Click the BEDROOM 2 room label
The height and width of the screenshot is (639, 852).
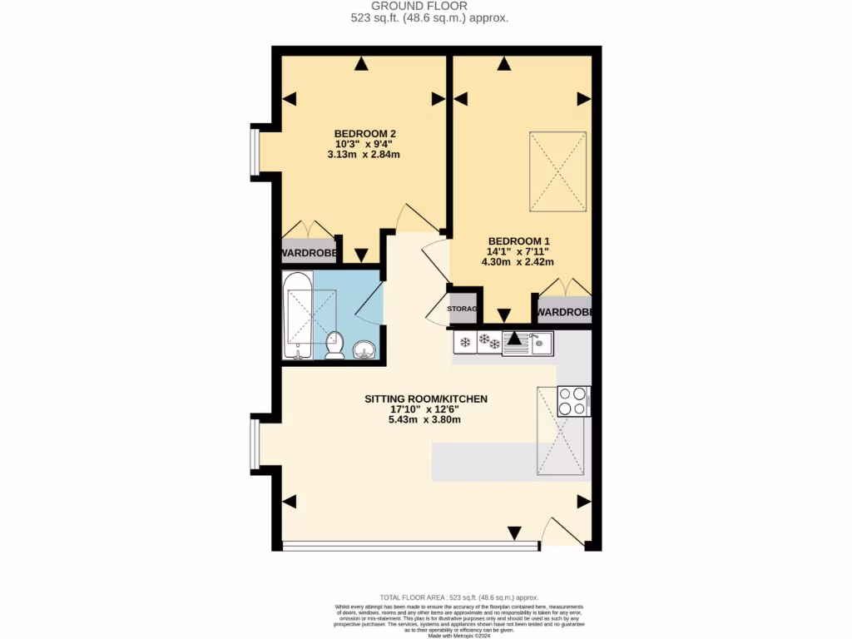coord(364,134)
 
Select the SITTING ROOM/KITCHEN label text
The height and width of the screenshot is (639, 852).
coord(425,399)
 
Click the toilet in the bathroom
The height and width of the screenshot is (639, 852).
coord(334,344)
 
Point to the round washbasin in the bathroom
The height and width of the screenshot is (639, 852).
coord(364,349)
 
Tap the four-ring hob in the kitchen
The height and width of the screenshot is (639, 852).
coord(573,401)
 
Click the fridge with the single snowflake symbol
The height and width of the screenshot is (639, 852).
coord(465,342)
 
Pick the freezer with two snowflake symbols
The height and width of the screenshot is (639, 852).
coord(489,342)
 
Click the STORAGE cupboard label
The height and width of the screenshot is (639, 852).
coord(463,310)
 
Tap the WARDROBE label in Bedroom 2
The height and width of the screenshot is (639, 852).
coord(309,253)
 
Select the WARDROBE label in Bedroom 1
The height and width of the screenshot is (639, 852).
coord(564,313)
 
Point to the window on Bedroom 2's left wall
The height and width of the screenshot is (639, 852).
coord(256,151)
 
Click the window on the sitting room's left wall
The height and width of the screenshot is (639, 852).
coord(256,441)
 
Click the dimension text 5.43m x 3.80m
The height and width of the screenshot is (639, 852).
coord(424,420)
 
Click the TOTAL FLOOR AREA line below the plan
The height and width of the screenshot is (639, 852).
coord(458,597)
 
